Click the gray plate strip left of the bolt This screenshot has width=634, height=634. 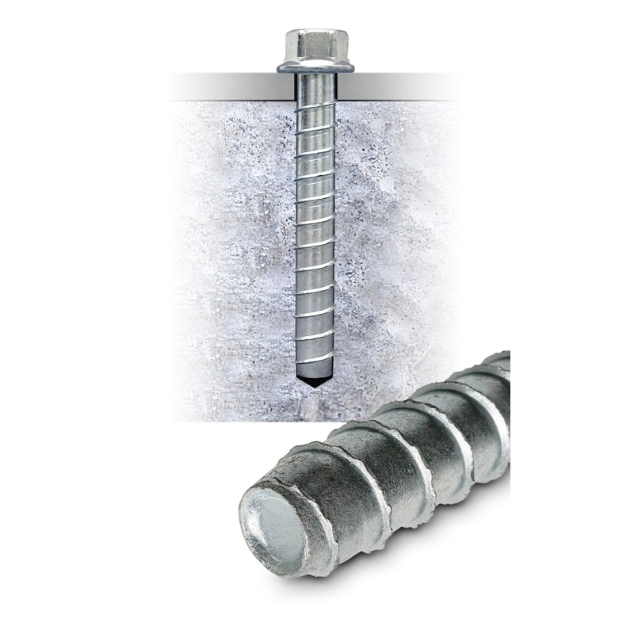click(x=230, y=86)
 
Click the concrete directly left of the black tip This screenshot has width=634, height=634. click(x=269, y=379)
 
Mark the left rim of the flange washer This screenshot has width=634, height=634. click(x=281, y=68)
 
